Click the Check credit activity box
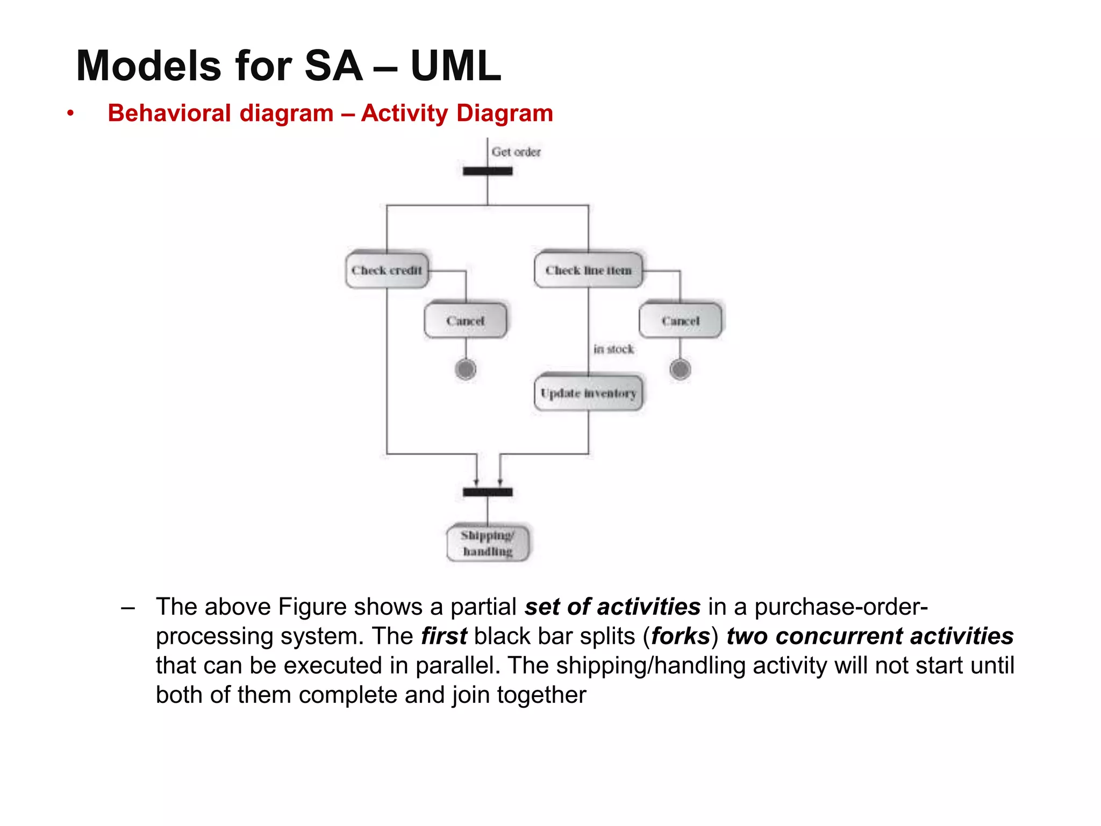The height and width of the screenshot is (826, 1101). click(x=387, y=270)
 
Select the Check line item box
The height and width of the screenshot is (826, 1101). click(x=588, y=270)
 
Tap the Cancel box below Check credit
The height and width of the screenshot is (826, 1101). click(x=465, y=321)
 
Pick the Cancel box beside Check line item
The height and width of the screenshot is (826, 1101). click(x=680, y=321)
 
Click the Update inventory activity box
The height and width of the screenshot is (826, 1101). click(x=588, y=393)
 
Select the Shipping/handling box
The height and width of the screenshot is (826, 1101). click(x=488, y=543)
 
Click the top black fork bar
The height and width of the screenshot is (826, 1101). click(x=488, y=171)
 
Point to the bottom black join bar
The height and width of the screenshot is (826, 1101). click(x=488, y=492)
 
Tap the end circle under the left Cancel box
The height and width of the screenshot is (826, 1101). click(x=466, y=369)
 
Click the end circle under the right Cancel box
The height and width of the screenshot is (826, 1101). click(x=680, y=369)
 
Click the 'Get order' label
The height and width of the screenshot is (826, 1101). click(x=516, y=152)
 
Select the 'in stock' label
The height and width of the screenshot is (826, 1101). click(x=613, y=349)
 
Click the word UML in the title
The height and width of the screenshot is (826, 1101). click(x=455, y=66)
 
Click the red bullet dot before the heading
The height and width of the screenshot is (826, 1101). click(x=70, y=113)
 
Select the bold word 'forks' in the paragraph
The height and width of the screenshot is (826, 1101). click(x=681, y=636)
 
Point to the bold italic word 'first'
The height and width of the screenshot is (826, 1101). click(x=444, y=636)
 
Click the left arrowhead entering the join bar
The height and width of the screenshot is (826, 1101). click(x=476, y=482)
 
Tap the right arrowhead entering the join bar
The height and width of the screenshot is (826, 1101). click(x=500, y=482)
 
